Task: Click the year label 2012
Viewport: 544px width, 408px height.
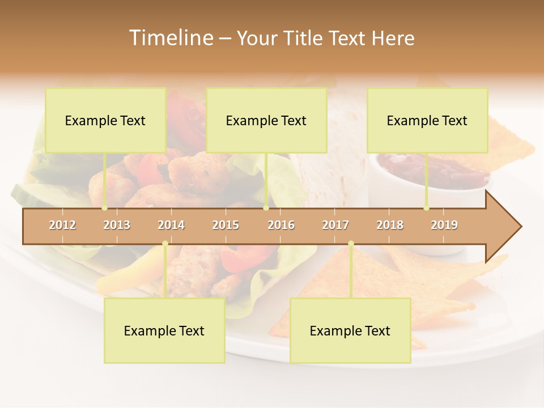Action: click(62, 225)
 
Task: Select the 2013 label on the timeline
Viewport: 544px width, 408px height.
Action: click(117, 225)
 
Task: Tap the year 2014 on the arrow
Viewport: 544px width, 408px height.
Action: click(171, 225)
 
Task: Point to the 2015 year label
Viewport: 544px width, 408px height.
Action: click(226, 225)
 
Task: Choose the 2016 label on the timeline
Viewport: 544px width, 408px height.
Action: click(281, 225)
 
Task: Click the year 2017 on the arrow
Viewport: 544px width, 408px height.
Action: click(335, 225)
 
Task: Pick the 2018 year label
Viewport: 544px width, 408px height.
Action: click(390, 225)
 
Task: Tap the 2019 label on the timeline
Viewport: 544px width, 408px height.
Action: click(444, 225)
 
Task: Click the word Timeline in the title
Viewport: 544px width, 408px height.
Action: click(170, 38)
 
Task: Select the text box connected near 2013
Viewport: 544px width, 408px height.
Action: click(105, 120)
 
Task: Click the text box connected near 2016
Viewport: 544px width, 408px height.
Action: click(266, 120)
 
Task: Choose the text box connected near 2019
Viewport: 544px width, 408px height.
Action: click(427, 120)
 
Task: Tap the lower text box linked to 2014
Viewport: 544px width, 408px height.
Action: click(164, 331)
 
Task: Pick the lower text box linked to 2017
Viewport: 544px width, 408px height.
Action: click(350, 331)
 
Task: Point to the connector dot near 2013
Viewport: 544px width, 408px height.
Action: click(105, 208)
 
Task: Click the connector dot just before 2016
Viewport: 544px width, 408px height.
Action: click(266, 208)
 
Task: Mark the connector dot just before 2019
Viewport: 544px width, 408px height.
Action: click(427, 208)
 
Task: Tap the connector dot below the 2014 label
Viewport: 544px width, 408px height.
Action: click(165, 244)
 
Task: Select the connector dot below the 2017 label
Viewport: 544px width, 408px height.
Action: click(351, 244)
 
